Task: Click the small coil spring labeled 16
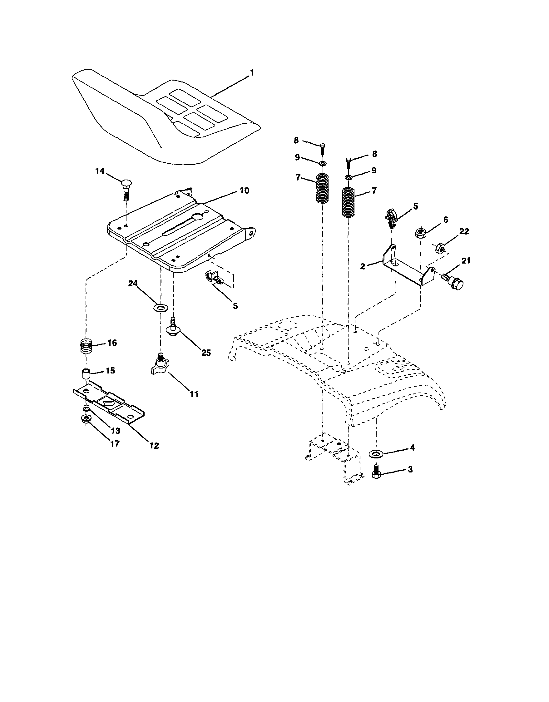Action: pyautogui.click(x=86, y=347)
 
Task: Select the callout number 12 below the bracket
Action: pyautogui.click(x=154, y=446)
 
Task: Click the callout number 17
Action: pyautogui.click(x=114, y=443)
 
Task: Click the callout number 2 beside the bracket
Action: pyautogui.click(x=363, y=266)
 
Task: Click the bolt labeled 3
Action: pyautogui.click(x=376, y=474)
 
